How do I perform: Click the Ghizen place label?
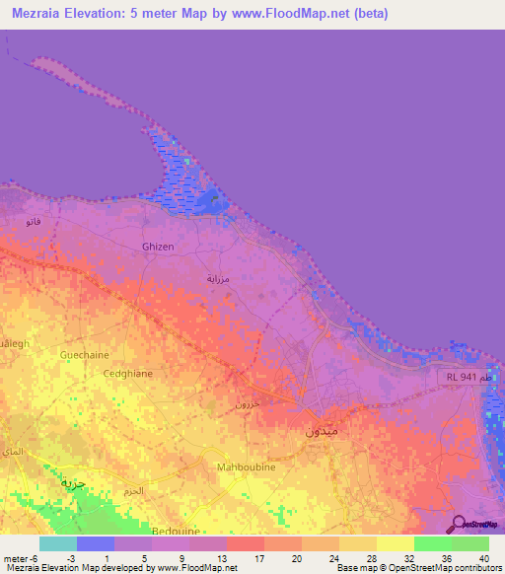(158, 247)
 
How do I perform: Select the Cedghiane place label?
(127, 374)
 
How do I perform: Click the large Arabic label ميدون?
(322, 431)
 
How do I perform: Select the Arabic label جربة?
(73, 482)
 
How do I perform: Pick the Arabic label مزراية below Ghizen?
(217, 279)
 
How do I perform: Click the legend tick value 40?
(483, 559)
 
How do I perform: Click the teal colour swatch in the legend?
(58, 543)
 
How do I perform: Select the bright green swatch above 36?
(432, 543)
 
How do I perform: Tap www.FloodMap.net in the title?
(302, 14)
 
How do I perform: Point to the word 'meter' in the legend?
(15, 559)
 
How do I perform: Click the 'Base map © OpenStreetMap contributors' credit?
(418, 568)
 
